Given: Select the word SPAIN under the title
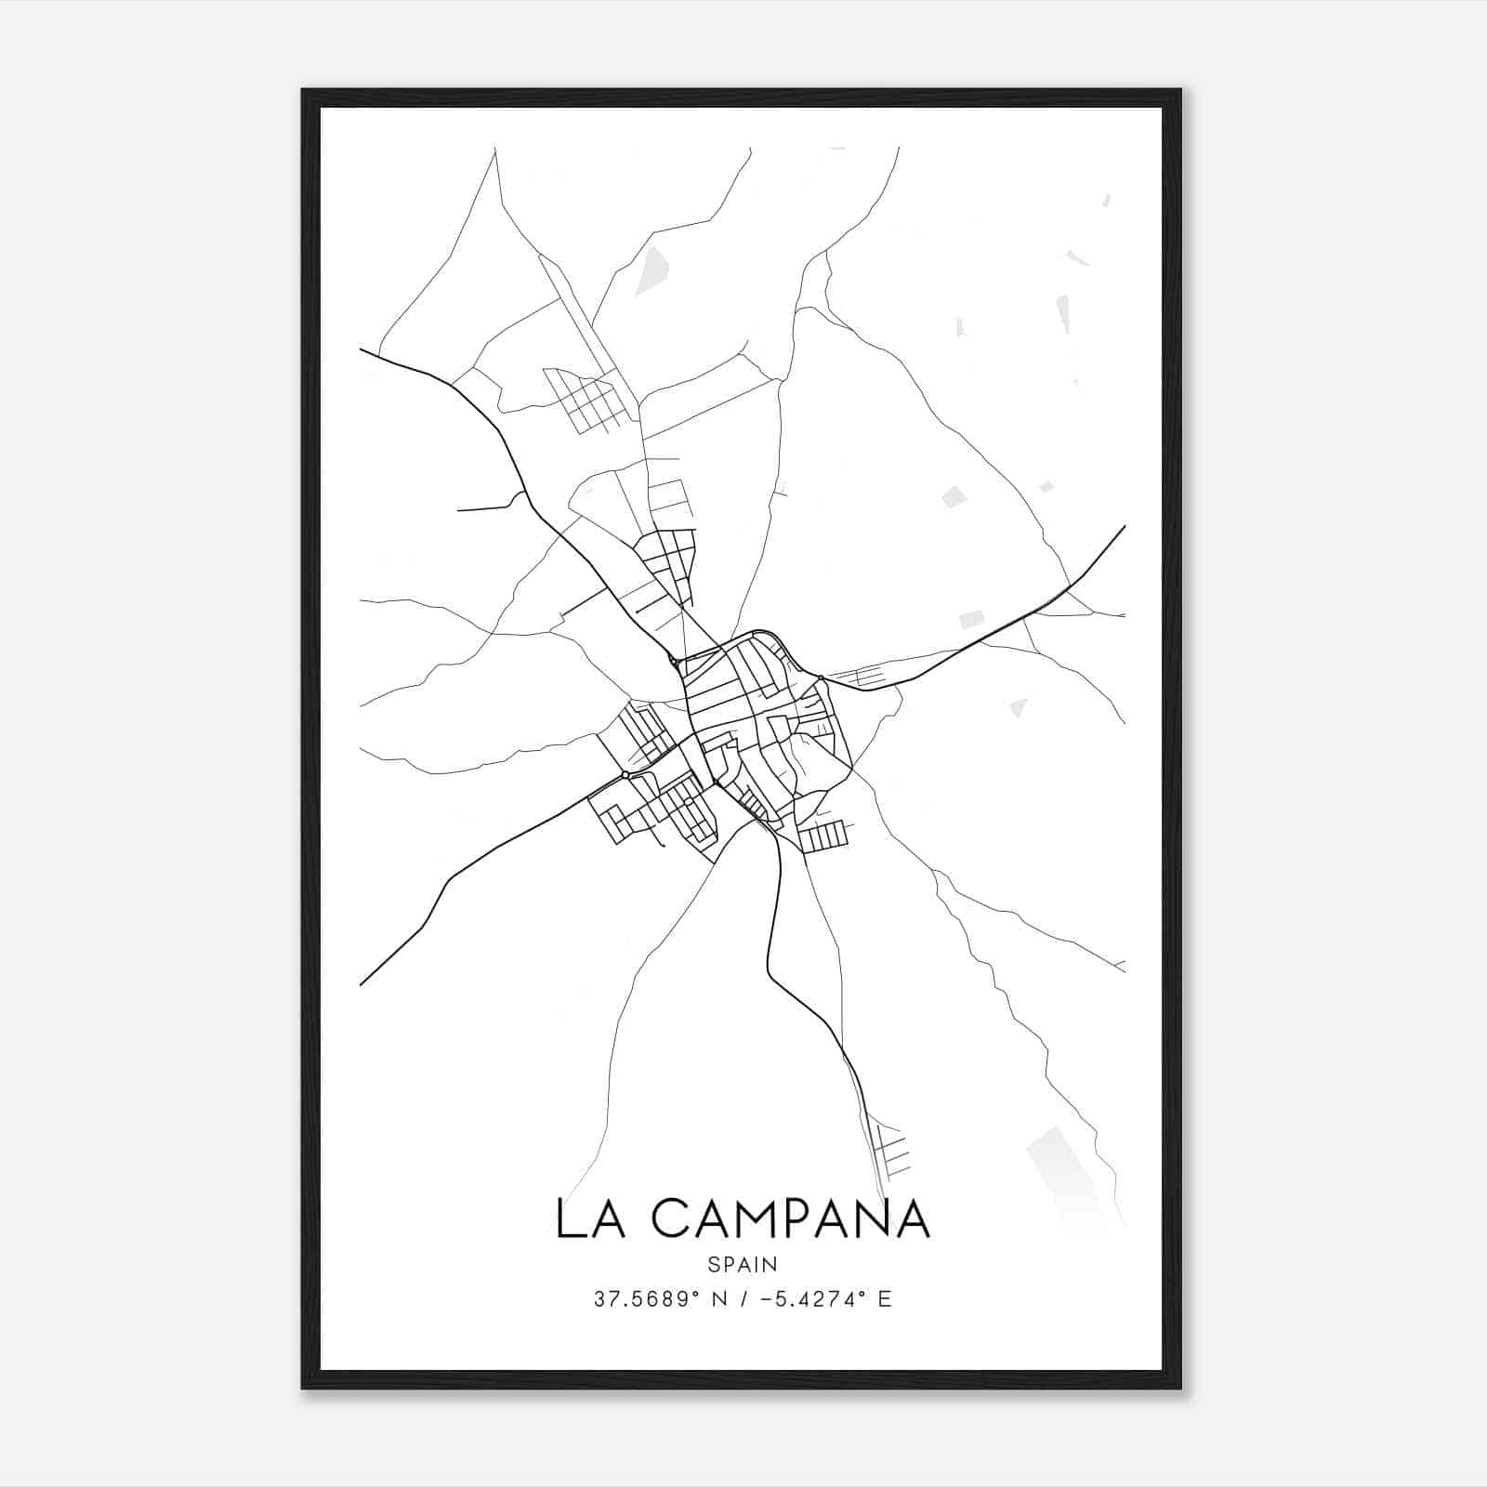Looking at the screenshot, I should point(743,1264).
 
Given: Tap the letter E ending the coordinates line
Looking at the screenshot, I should point(884,1299).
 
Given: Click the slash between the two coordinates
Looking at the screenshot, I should point(743,1299).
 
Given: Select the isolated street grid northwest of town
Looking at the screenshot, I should point(585,400).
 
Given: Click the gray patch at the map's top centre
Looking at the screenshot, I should point(652,270).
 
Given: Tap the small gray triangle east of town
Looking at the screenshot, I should point(1019,708).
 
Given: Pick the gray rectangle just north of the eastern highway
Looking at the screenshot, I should point(971,619).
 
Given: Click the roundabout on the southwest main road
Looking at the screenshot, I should point(625,774).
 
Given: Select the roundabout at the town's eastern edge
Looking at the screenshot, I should point(822,677).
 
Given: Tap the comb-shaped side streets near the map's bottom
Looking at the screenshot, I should point(889,1149).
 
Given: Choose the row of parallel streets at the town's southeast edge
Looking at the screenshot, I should point(823,836).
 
